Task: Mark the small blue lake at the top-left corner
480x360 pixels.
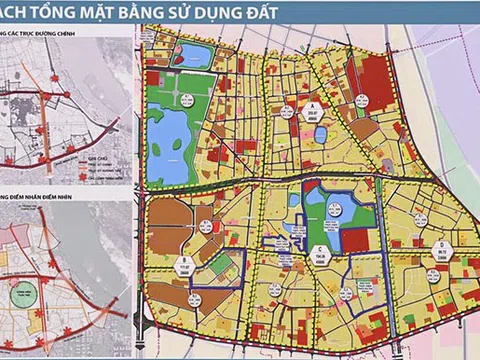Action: click(x=196, y=56)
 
